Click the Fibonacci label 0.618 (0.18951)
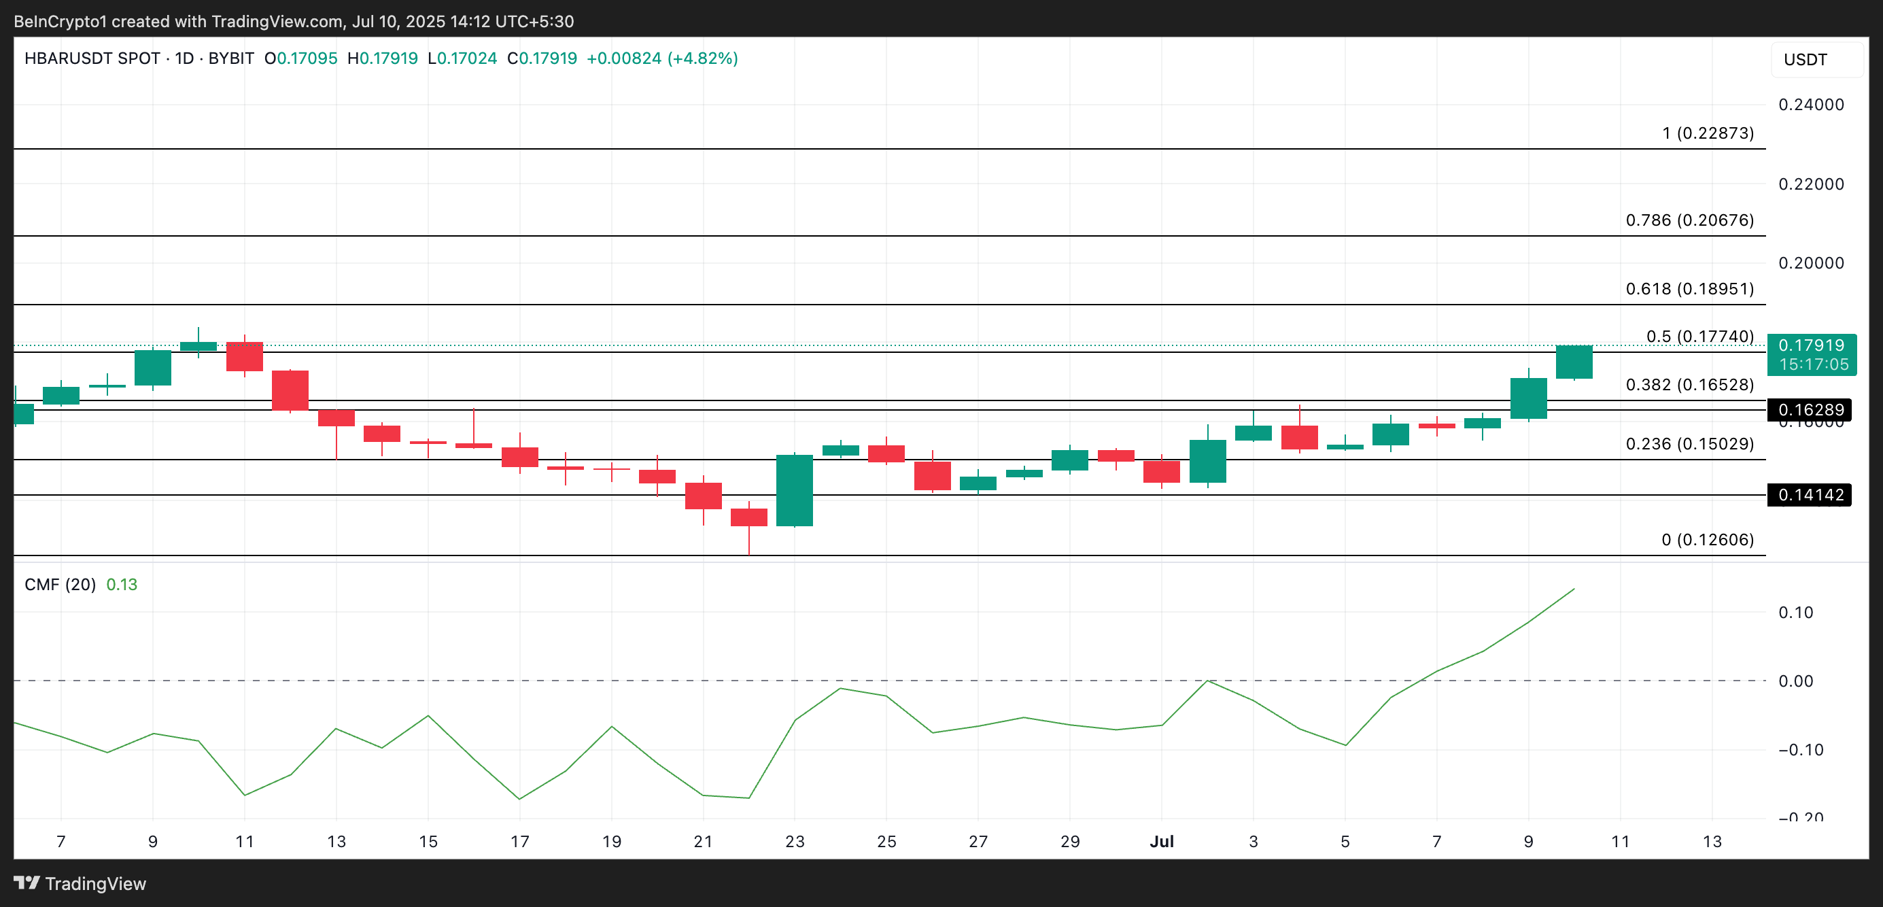coord(1689,289)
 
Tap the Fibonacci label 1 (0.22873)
coord(1707,133)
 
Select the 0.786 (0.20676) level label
coord(1689,220)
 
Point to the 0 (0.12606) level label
coord(1707,539)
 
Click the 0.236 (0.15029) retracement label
coord(1689,443)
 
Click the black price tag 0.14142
coord(1809,495)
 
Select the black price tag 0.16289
coord(1809,409)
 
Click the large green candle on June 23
coord(795,490)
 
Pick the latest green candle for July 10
coord(1574,362)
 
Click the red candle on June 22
coord(748,517)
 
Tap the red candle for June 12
coord(290,390)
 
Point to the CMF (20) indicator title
coord(60,585)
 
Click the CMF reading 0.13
coord(122,585)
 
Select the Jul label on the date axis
coord(1162,841)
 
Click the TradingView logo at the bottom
coord(80,884)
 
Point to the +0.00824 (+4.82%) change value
coord(661,58)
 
